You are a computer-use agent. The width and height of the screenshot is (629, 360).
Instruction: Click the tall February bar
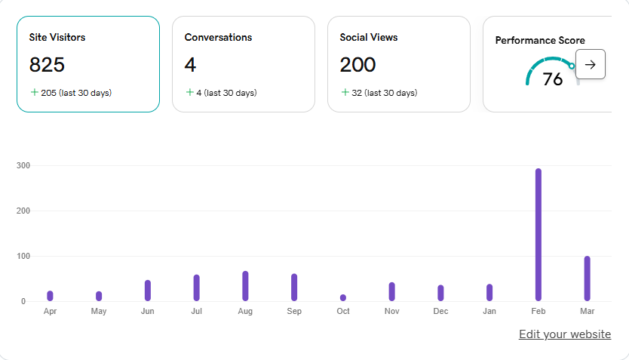538,235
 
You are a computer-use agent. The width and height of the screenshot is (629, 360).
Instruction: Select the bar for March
587,278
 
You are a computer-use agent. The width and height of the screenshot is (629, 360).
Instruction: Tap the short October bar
343,297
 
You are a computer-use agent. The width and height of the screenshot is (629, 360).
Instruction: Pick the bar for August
245,286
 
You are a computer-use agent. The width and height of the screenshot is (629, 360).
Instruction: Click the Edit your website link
564,334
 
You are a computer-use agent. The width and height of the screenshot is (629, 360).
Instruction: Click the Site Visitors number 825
47,65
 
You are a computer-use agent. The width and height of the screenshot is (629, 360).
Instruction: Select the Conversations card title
218,37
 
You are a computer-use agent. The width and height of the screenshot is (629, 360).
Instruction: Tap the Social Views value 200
357,65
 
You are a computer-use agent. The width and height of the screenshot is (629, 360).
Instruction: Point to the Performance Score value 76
553,79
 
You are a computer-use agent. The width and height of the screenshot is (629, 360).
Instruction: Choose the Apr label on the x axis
50,311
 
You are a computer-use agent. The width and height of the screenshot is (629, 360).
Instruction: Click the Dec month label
440,311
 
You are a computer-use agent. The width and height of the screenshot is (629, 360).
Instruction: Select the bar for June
148,291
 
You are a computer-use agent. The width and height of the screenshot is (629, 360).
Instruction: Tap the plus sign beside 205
34,92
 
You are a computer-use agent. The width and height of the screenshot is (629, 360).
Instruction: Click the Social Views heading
368,37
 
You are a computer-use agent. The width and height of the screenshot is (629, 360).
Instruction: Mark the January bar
489,292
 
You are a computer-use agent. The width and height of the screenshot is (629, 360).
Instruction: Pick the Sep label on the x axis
294,311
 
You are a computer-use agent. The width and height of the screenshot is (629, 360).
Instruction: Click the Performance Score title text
539,41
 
